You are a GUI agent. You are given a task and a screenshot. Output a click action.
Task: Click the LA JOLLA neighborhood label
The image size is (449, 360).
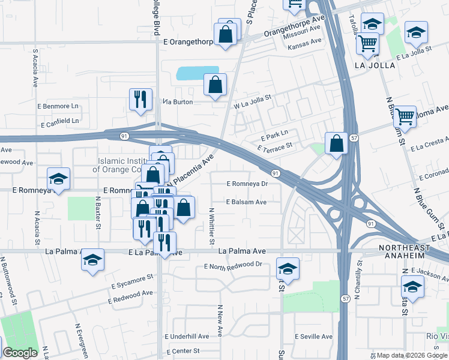[375, 65]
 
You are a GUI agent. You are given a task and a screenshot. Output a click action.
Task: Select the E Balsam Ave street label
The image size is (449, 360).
[246, 202]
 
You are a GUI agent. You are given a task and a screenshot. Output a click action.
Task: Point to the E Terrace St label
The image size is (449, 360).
[274, 146]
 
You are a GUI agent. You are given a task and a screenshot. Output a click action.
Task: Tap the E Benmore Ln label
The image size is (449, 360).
[59, 106]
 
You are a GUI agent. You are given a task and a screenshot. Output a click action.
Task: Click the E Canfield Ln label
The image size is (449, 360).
[59, 122]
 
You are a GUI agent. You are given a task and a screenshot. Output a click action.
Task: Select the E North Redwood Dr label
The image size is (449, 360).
[234, 265]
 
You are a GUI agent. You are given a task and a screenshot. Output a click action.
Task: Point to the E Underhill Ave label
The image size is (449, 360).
[187, 337]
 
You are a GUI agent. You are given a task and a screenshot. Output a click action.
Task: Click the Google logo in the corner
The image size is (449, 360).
[20, 353]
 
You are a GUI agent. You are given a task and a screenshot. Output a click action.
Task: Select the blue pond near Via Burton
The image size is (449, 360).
[197, 73]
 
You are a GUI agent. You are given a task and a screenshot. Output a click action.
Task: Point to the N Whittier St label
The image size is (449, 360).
[211, 226]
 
